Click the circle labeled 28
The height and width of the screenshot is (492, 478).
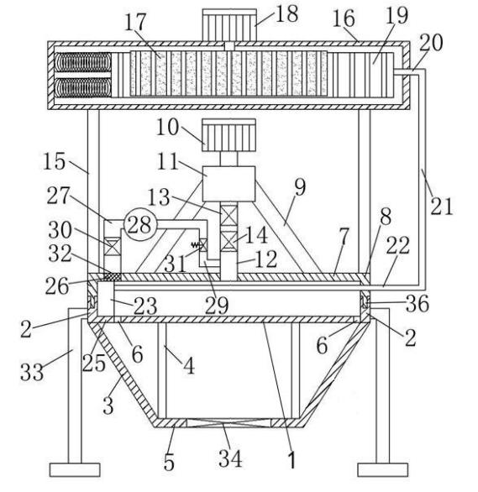[139, 224]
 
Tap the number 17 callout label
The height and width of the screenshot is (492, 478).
[135, 22]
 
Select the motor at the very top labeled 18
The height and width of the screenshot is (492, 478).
[229, 25]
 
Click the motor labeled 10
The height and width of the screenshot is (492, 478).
[228, 135]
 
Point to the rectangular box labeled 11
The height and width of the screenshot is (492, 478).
[228, 184]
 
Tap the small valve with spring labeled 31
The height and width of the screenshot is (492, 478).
[202, 244]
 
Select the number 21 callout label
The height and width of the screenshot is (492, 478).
[442, 207]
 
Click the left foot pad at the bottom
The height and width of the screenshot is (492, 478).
[75, 469]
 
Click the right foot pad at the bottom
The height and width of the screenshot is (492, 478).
[383, 469]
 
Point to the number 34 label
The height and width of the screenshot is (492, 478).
[231, 458]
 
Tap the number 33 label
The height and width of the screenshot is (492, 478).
[32, 372]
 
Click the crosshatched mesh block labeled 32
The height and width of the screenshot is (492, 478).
[112, 276]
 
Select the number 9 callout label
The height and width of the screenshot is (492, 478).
[300, 187]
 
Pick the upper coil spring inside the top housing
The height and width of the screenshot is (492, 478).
[83, 62]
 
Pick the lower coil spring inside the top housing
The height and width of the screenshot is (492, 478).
[83, 87]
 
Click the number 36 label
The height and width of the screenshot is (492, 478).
[418, 303]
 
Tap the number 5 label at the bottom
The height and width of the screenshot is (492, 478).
[169, 462]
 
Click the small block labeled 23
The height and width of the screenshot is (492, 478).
[106, 298]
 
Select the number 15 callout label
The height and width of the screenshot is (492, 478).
[54, 161]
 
